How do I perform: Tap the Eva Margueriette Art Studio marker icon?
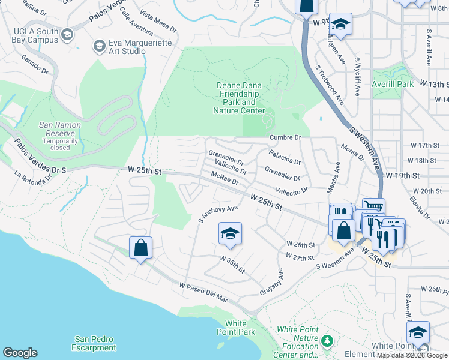tap(100, 46)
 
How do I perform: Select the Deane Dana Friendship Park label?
tap(239, 98)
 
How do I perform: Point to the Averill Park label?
tap(393, 84)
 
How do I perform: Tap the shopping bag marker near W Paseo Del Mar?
tap(140, 247)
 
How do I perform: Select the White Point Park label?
tap(236, 328)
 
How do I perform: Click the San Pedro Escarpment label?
tap(94, 343)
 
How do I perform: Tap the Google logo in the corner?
tap(20, 352)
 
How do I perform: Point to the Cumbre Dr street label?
tap(284, 137)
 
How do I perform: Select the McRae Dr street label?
tap(225, 178)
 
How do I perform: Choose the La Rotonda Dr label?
tap(33, 178)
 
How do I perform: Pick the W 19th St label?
tap(419, 175)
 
